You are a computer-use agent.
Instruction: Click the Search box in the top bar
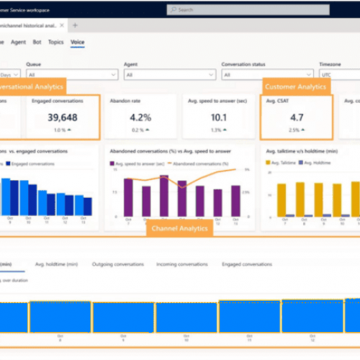pyautogui.click(x=238, y=10)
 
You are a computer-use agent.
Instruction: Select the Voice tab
pyautogui.click(x=77, y=42)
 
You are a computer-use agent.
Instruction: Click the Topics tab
pyautogui.click(x=55, y=42)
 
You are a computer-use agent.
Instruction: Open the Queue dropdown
pyautogui.click(x=72, y=74)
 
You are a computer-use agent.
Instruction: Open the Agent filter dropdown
pyautogui.click(x=169, y=74)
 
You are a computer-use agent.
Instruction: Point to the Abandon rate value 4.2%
pyautogui.click(x=140, y=117)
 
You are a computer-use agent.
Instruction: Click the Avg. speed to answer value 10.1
pyautogui.click(x=217, y=117)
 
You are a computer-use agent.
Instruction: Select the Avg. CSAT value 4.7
pyautogui.click(x=295, y=117)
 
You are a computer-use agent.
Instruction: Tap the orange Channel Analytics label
pyautogui.click(x=179, y=229)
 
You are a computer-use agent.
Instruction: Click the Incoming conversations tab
pyautogui.click(x=182, y=265)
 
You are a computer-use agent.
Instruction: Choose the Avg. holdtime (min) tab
pyautogui.click(x=57, y=265)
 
